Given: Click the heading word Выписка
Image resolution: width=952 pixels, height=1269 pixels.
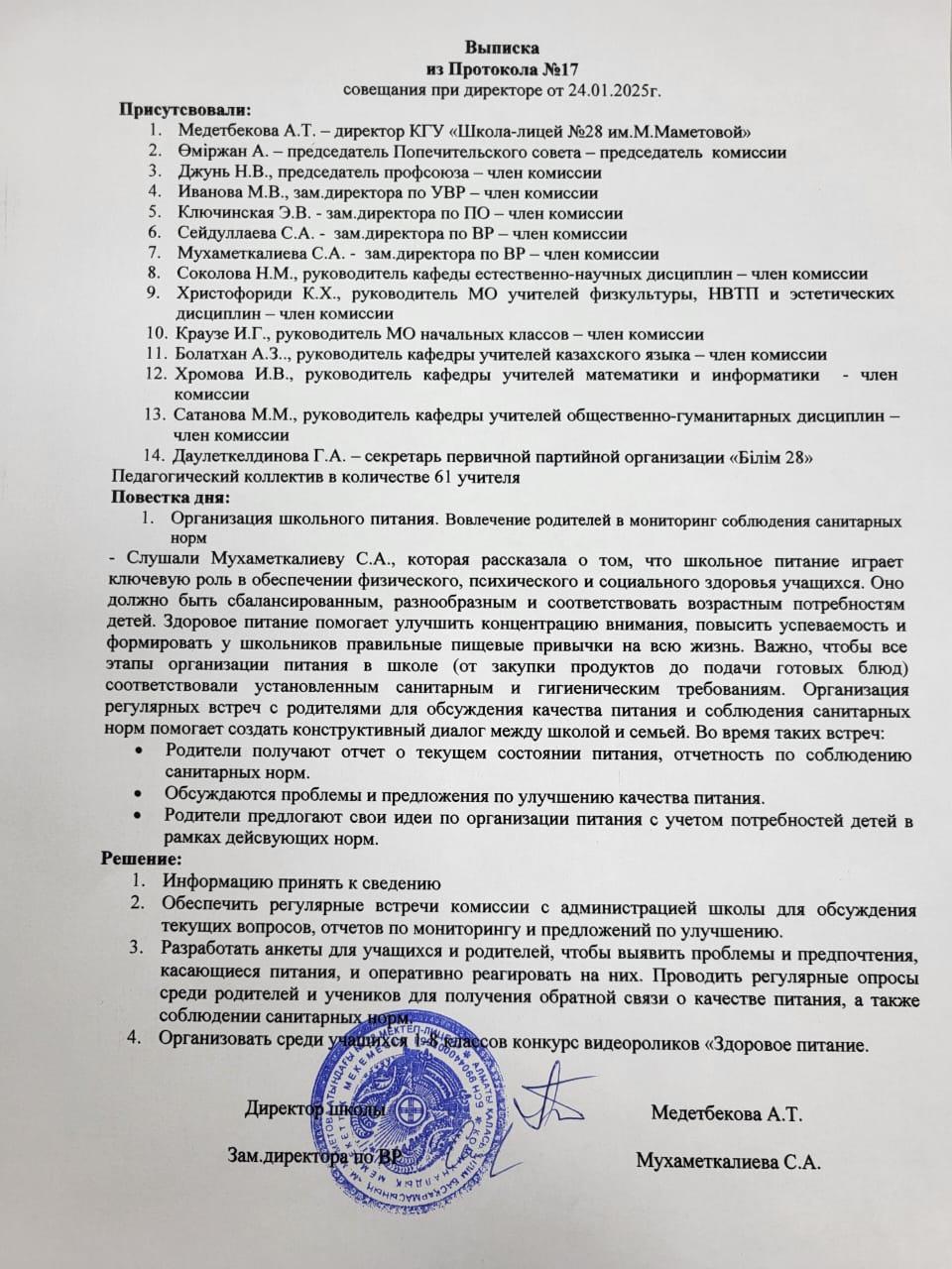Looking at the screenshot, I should (503, 47).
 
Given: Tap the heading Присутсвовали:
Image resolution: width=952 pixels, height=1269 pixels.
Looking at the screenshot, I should (185, 110).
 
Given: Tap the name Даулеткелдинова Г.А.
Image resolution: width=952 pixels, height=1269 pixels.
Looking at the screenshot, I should (256, 456).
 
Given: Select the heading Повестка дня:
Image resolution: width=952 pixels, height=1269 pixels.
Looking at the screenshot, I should (170, 497).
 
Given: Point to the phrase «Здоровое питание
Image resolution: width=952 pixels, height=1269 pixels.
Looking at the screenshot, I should (773, 1043).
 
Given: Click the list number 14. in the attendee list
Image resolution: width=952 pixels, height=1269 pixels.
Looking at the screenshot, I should (153, 456).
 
